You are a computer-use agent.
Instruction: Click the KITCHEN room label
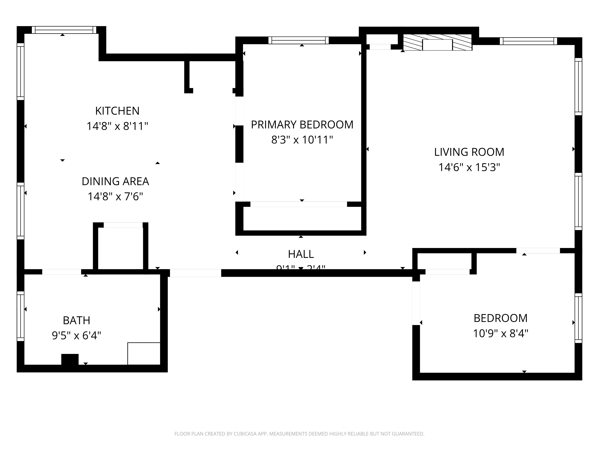117,111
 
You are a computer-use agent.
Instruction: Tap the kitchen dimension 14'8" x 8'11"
117,126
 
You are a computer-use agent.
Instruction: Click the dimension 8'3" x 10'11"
302,140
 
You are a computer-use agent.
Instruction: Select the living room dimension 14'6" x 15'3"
469,167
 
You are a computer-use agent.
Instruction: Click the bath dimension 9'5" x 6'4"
76,336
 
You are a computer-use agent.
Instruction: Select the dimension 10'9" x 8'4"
500,333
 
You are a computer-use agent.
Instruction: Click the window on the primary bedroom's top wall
298,40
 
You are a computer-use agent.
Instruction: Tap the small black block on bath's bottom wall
70,359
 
